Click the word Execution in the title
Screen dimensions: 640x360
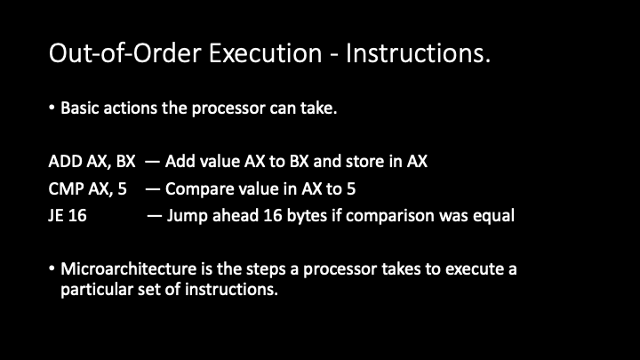(x=265, y=53)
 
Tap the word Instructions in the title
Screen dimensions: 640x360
(x=415, y=53)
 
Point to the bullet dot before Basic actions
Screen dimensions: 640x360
(x=52, y=108)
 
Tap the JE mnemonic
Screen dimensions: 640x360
(x=55, y=215)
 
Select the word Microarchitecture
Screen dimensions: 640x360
(x=129, y=269)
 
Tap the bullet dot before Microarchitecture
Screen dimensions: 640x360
(x=52, y=268)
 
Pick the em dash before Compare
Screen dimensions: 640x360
(x=152, y=189)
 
